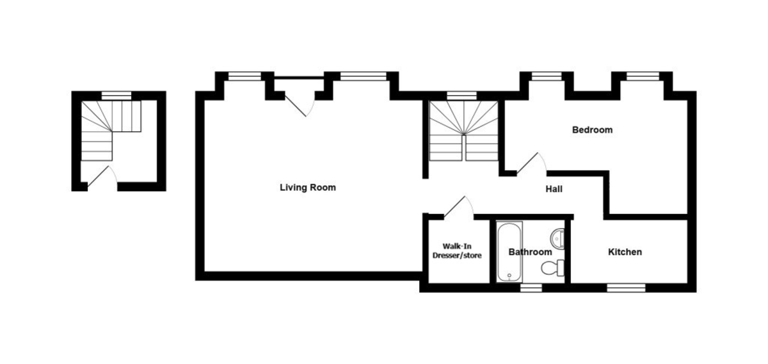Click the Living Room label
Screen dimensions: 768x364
click(308, 188)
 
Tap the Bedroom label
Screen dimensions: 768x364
click(592, 130)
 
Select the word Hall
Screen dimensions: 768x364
click(554, 189)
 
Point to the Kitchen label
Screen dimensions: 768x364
click(625, 252)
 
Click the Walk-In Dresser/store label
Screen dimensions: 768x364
click(457, 251)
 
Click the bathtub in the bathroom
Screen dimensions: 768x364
click(509, 251)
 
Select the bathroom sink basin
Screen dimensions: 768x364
click(557, 238)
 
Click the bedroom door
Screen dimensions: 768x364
click(531, 163)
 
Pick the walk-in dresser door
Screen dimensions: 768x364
click(458, 207)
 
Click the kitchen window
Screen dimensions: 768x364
click(626, 288)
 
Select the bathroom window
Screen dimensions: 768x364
click(531, 288)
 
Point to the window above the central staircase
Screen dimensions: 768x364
click(461, 96)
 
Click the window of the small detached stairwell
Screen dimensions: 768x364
click(116, 96)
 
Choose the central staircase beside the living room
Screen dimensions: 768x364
click(464, 131)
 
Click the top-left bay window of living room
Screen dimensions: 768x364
click(244, 76)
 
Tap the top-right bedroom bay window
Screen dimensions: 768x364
click(643, 76)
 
